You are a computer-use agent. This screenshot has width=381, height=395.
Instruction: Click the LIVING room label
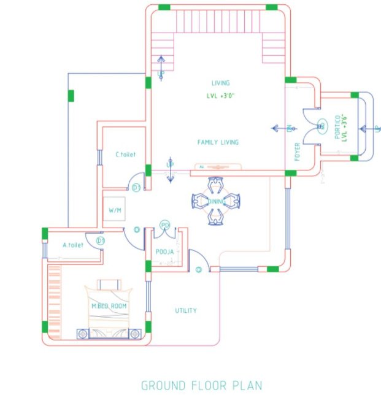220,83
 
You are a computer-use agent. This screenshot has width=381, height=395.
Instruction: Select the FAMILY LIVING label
218,142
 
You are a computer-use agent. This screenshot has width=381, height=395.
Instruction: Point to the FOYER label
298,151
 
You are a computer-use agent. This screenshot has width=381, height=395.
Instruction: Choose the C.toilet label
125,155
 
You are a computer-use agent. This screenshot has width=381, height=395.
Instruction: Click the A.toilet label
72,245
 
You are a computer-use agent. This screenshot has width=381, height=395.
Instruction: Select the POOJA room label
164,251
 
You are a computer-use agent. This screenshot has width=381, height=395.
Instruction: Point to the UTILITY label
186,310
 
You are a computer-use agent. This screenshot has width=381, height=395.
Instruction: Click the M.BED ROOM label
110,305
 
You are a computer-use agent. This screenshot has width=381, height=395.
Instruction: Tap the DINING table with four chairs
216,200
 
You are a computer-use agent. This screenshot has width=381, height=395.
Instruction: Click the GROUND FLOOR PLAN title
201,385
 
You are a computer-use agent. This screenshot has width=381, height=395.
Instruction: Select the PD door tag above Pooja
164,226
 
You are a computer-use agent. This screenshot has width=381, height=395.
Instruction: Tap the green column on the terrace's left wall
71,96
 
